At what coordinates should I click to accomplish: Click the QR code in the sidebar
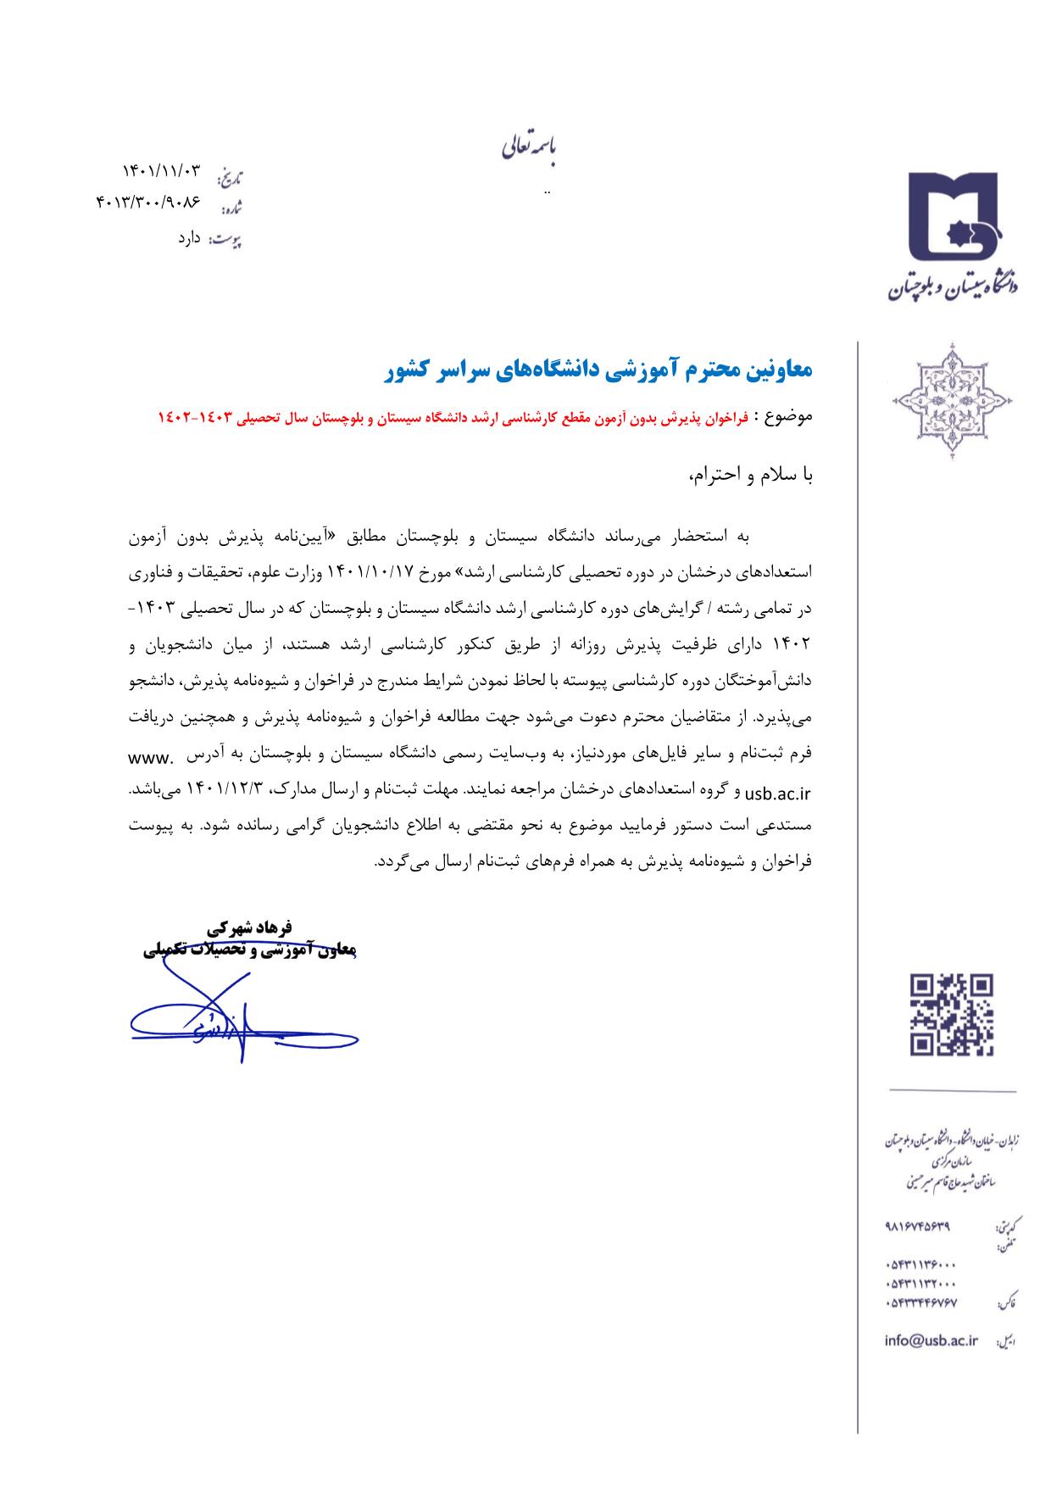pyautogui.click(x=950, y=1015)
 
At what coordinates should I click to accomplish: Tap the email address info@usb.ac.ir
pyautogui.click(x=931, y=1340)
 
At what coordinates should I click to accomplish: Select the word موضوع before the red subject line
pyautogui.click(x=788, y=417)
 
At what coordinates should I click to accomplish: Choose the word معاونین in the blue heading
pyautogui.click(x=776, y=370)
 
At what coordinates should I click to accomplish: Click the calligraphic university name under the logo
pyautogui.click(x=954, y=285)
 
